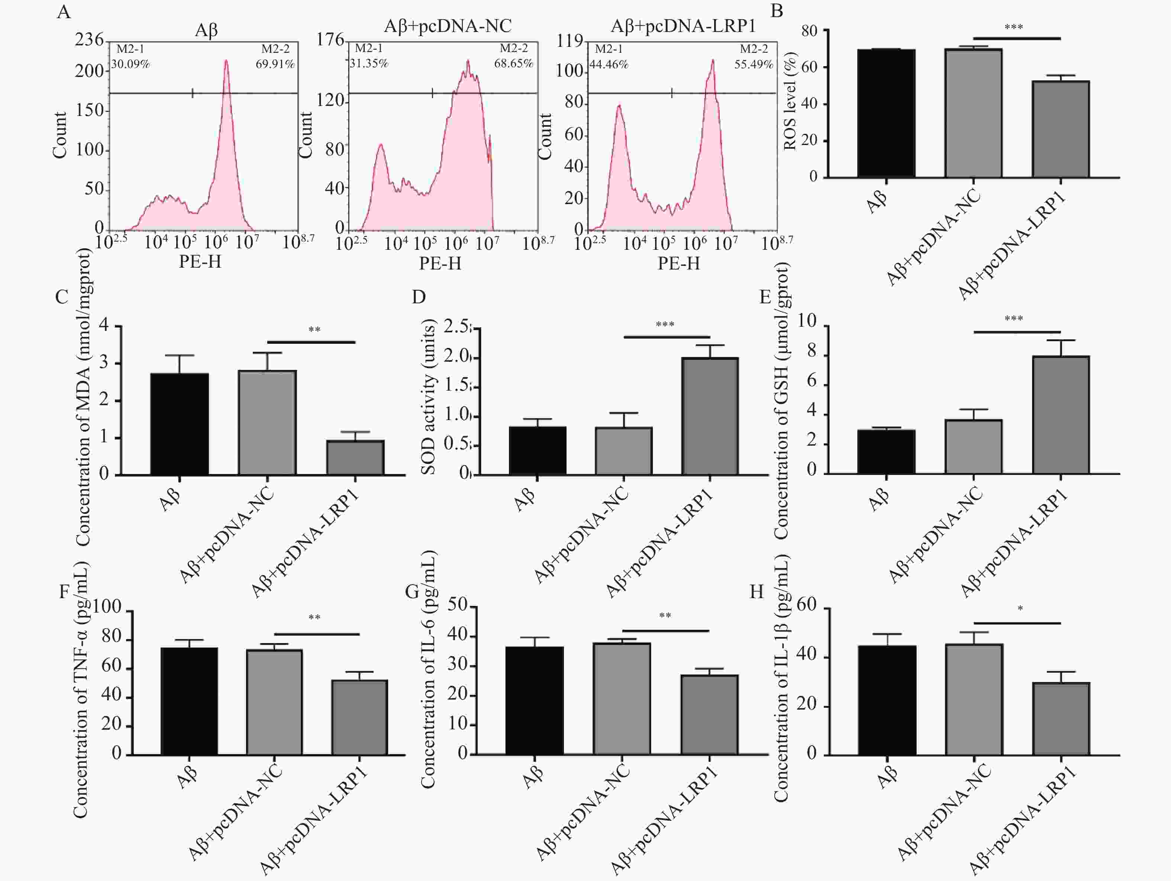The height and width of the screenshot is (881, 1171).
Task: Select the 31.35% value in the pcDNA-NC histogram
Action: click(369, 64)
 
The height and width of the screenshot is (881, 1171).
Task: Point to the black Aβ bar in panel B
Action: click(886, 113)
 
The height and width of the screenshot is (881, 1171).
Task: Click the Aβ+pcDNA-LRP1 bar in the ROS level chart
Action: click(1060, 129)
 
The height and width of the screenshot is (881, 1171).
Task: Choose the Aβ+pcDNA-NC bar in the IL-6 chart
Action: click(622, 698)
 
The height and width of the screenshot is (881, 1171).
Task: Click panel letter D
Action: click(418, 297)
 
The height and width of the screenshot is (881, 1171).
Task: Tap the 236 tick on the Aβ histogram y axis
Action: click(89, 40)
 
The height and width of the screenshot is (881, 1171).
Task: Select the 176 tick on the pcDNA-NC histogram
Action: click(330, 40)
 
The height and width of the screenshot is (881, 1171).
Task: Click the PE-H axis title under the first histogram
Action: click(200, 262)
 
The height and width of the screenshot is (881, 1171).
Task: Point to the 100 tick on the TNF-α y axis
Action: click(107, 606)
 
